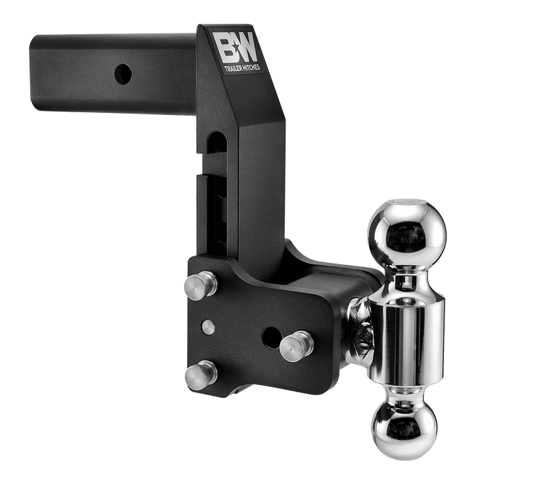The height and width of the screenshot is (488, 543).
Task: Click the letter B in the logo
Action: click(x=225, y=47)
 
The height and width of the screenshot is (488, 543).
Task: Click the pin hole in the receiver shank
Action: click(x=123, y=73)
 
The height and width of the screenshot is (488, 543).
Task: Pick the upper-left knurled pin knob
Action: click(x=200, y=285)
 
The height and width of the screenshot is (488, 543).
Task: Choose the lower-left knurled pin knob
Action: click(x=200, y=375)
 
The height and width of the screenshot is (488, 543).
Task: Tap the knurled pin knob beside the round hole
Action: click(x=297, y=346)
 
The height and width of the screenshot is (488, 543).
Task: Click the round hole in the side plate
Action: click(x=271, y=337)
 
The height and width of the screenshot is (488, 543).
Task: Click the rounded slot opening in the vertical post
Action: click(x=217, y=143)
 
